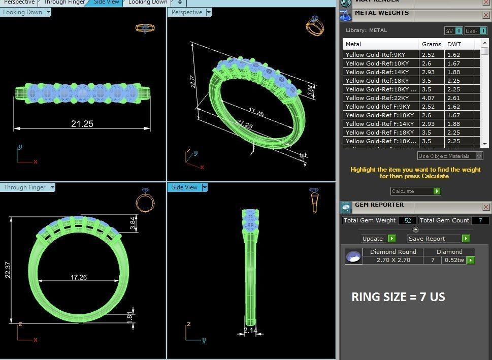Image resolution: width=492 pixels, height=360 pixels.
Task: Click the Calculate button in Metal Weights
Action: pyautogui.click(x=415, y=191)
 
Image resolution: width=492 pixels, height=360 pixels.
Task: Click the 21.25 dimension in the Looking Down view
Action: pyautogui.click(x=82, y=123)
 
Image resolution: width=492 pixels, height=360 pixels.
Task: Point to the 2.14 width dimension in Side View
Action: pyautogui.click(x=250, y=331)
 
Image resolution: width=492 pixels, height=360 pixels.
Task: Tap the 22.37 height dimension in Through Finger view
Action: pyautogui.click(x=7, y=269)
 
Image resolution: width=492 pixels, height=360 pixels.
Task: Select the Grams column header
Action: pyautogui.click(x=431, y=44)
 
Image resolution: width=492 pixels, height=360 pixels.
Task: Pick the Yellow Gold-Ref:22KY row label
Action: pyautogui.click(x=375, y=98)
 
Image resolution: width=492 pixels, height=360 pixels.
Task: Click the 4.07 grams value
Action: pyautogui.click(x=429, y=98)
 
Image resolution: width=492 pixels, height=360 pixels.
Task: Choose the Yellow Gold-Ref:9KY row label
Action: pyautogui.click(x=375, y=55)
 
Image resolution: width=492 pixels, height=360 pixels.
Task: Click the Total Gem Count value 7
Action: pyautogui.click(x=480, y=220)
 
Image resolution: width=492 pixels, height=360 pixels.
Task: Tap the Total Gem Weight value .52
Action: pyautogui.click(x=406, y=220)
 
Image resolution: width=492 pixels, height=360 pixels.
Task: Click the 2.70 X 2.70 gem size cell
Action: pyautogui.click(x=393, y=260)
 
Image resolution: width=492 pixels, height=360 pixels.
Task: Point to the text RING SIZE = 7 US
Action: pyautogui.click(x=398, y=297)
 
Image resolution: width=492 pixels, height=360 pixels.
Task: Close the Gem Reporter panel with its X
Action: pyautogui.click(x=486, y=207)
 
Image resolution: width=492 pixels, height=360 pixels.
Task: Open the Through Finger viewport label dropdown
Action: pyautogui.click(x=52, y=187)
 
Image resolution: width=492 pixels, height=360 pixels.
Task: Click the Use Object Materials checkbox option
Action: pyautogui.click(x=479, y=156)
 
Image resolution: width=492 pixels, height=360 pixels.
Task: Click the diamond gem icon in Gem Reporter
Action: pyautogui.click(x=353, y=256)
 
